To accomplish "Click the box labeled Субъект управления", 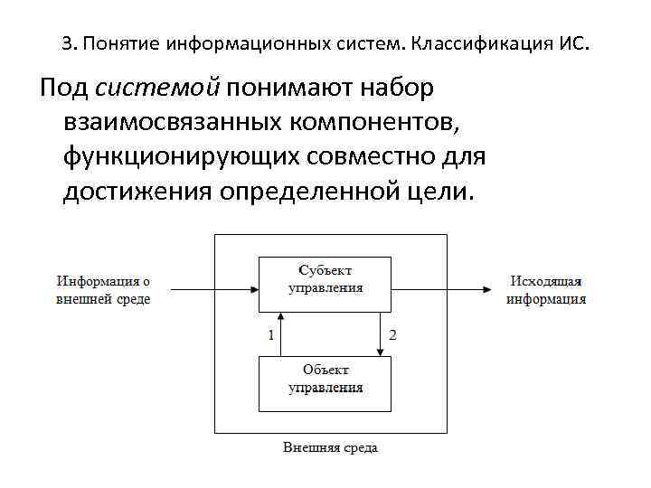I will (x=325, y=279).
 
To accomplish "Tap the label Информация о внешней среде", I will (x=104, y=289).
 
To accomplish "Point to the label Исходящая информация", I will (x=545, y=289).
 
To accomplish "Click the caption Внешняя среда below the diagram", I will (x=330, y=447).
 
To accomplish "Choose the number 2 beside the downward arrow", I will (x=392, y=335).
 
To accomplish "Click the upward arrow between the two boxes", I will (x=281, y=333).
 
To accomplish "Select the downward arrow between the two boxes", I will (x=380, y=333).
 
